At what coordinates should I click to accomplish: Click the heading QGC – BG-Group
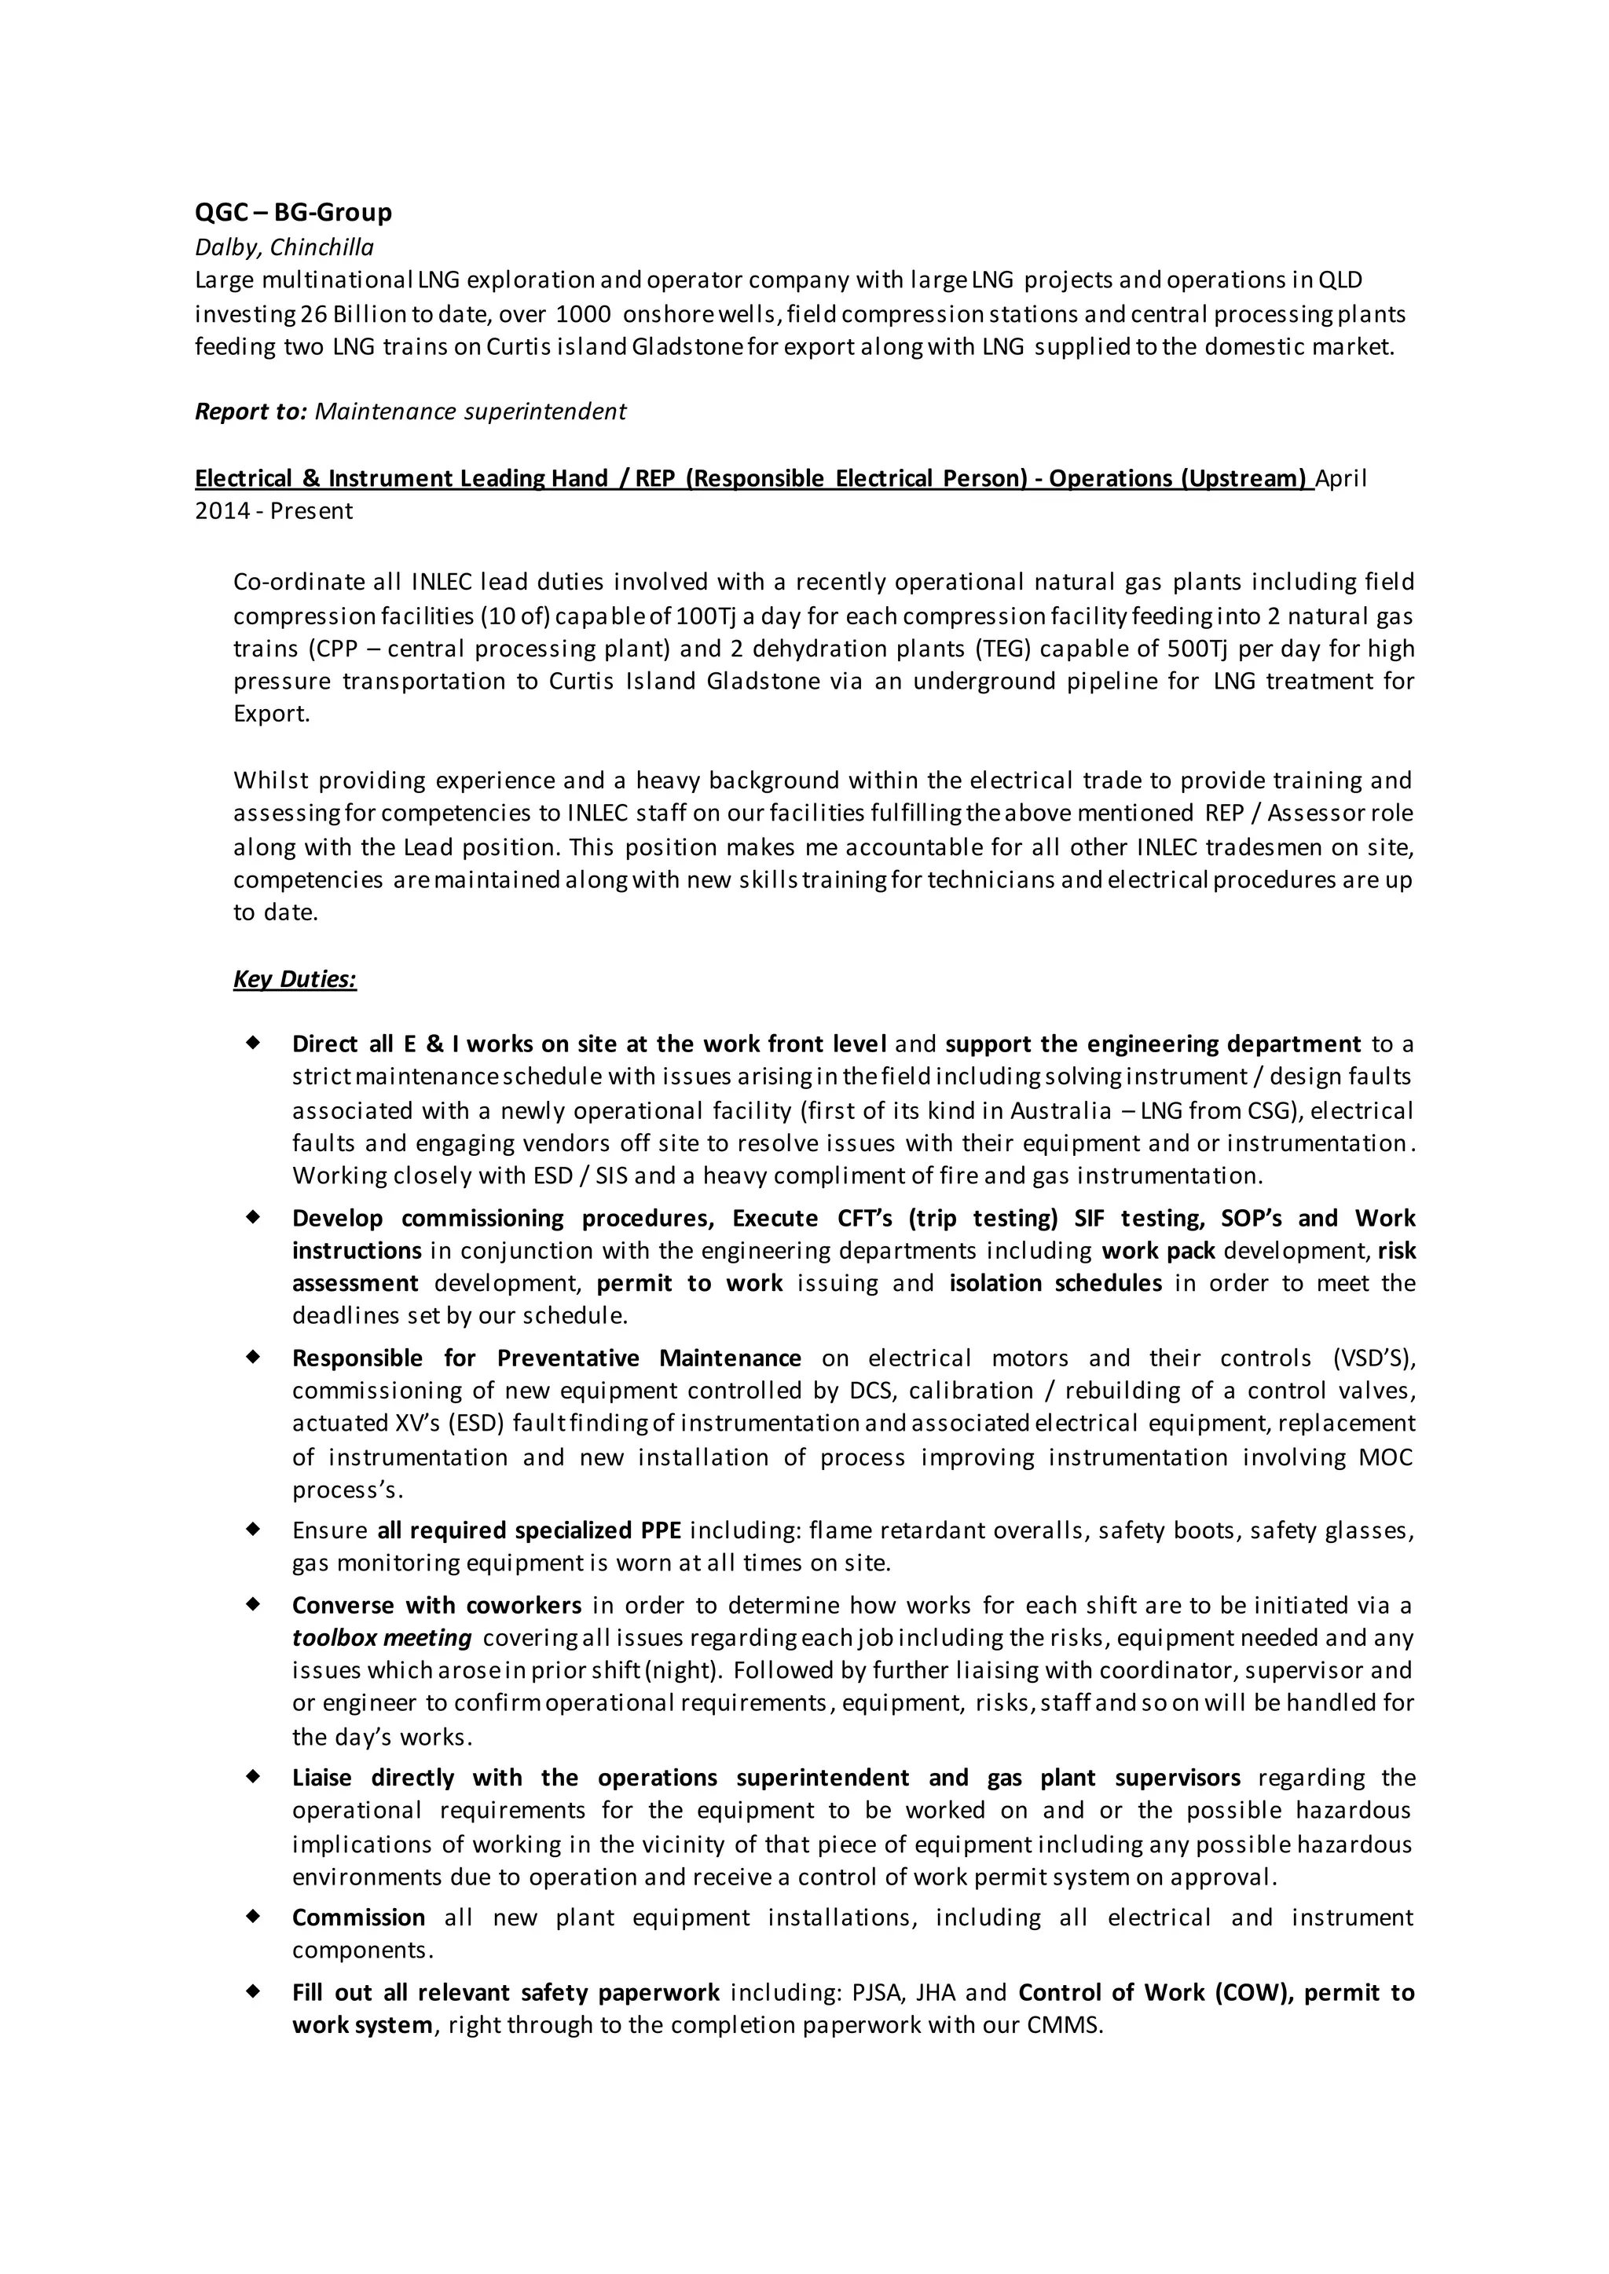tap(293, 212)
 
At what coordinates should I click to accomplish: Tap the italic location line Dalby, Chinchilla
tap(284, 247)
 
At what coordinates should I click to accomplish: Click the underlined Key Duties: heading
tap(295, 978)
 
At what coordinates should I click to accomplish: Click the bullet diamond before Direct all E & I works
tap(254, 1042)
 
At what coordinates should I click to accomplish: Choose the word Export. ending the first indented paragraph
tap(272, 714)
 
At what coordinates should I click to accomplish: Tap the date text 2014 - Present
tap(273, 511)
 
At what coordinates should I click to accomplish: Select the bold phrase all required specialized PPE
tap(529, 1530)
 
